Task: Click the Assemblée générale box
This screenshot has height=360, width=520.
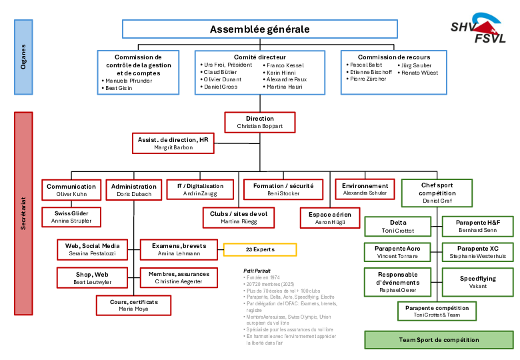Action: pos(259,29)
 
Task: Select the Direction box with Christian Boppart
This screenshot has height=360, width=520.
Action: pos(259,122)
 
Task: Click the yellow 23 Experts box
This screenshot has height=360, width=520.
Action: pos(259,249)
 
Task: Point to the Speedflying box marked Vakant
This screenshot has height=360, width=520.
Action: pos(477,282)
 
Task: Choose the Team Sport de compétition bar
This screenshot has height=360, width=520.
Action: pos(439,339)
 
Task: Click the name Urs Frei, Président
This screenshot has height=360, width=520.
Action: pos(228,65)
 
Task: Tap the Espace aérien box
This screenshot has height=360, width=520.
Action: pos(329,217)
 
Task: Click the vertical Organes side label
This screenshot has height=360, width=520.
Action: pos(23,57)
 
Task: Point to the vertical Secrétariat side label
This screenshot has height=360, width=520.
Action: pos(23,213)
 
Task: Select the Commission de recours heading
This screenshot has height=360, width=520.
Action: pos(393,57)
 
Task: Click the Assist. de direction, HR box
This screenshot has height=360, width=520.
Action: pos(173,143)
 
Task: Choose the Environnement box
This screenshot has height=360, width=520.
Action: pos(365,189)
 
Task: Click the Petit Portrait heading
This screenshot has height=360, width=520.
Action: pos(257,271)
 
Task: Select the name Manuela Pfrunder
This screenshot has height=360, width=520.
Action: pos(129,81)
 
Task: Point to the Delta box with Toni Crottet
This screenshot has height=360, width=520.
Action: pos(397,226)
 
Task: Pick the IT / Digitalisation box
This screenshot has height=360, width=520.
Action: pos(200,189)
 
